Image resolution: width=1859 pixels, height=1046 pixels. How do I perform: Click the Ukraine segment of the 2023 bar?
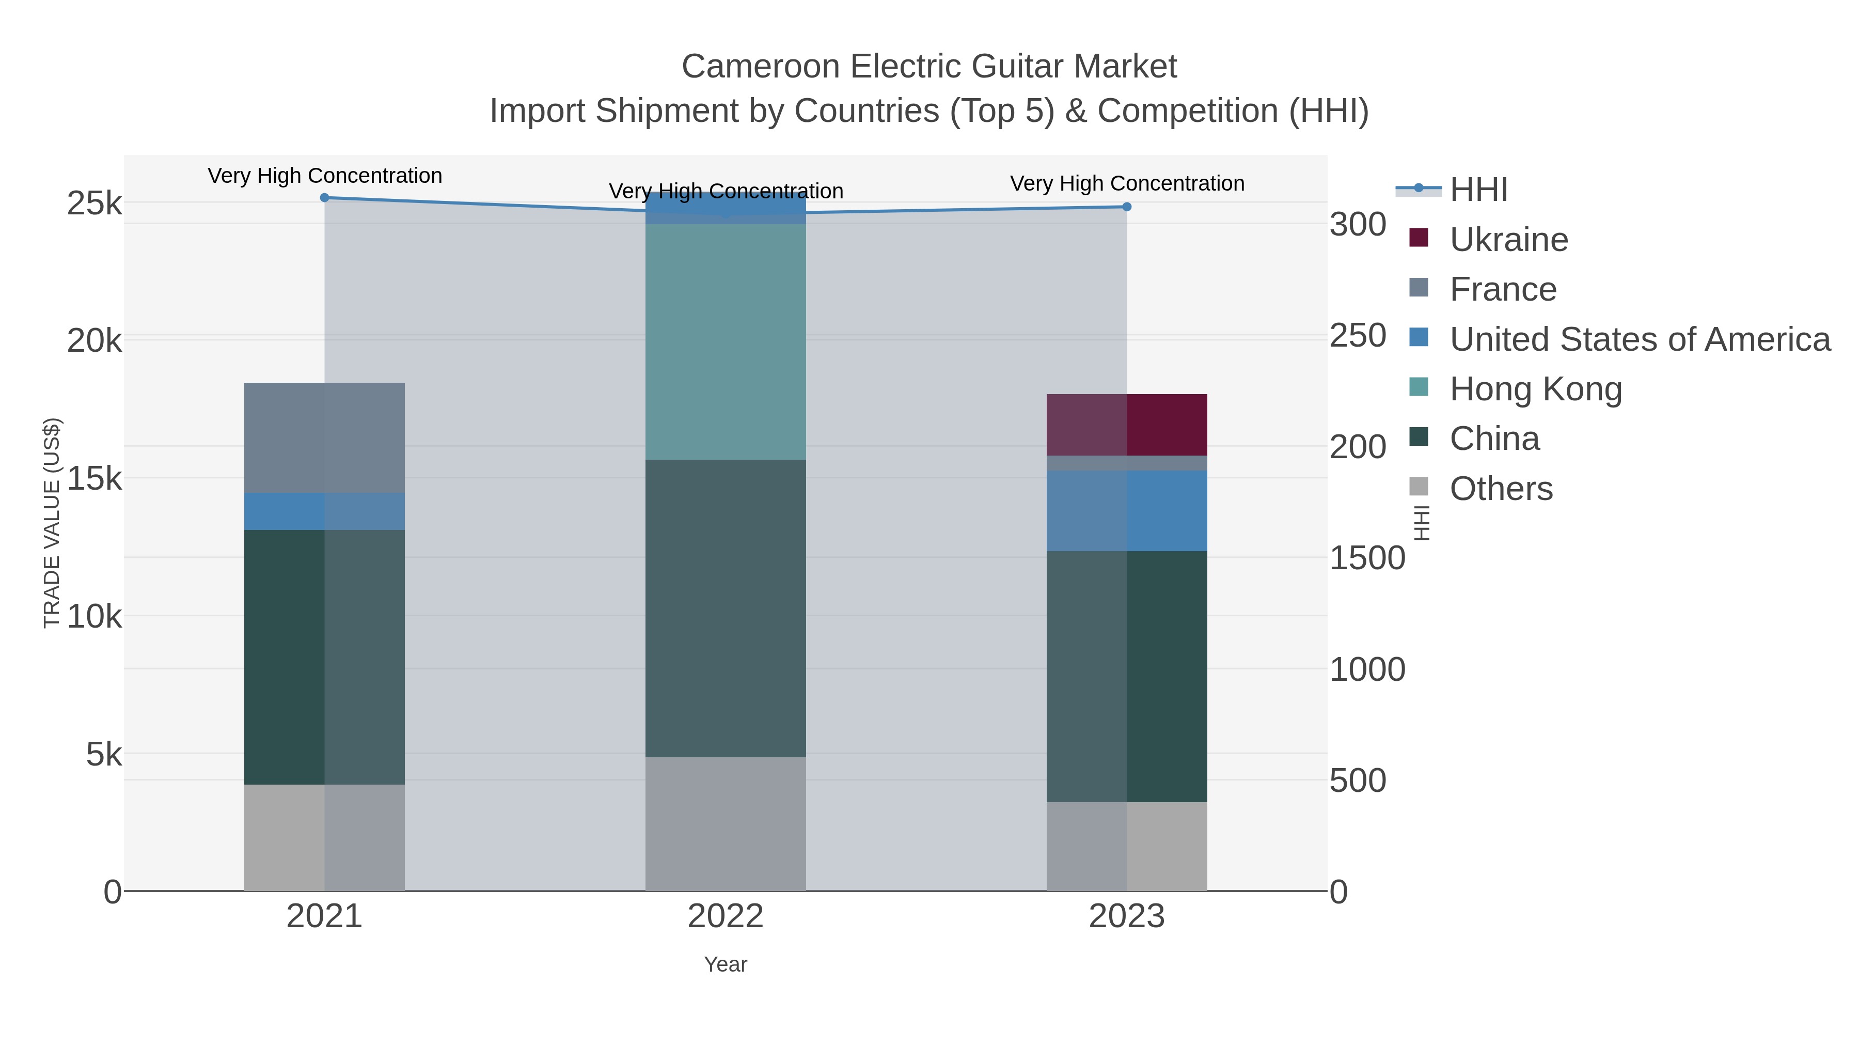(1127, 425)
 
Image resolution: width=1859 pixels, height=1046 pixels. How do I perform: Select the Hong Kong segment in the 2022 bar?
(726, 341)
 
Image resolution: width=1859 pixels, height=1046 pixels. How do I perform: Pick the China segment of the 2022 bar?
(726, 608)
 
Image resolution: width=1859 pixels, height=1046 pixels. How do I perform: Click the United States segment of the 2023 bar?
(1127, 510)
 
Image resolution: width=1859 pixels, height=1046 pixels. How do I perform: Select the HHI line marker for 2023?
(1127, 207)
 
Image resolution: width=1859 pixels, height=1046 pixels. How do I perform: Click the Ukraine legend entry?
(1508, 240)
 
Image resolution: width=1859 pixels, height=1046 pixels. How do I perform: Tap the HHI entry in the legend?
(1478, 190)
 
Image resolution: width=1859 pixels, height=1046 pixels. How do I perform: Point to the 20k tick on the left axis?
(94, 341)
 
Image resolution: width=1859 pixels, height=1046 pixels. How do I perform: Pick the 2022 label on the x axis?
(726, 917)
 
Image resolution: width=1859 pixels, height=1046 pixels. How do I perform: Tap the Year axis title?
(726, 964)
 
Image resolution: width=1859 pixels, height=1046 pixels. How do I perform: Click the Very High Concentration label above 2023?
(1127, 183)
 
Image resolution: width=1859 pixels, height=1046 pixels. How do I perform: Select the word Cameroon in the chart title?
(760, 67)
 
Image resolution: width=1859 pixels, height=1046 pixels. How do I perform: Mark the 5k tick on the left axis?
(104, 755)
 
